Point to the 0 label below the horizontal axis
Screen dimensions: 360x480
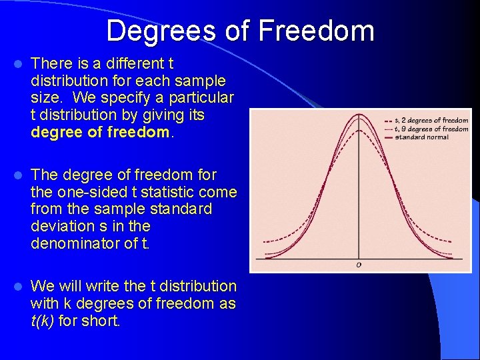(359, 265)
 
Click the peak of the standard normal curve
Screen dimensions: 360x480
(360, 115)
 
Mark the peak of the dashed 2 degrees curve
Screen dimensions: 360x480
(360, 130)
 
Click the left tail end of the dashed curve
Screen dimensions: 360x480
(265, 241)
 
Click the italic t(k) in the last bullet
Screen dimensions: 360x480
(43, 321)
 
